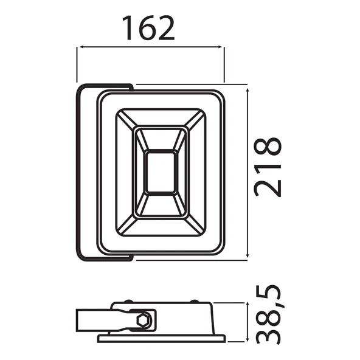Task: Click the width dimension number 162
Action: pyautogui.click(x=149, y=27)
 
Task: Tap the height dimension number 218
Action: pyautogui.click(x=268, y=166)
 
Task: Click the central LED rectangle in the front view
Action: pyautogui.click(x=161, y=171)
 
